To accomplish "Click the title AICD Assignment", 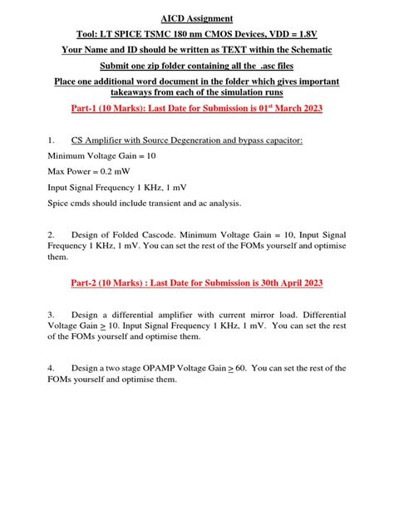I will [x=197, y=18].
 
